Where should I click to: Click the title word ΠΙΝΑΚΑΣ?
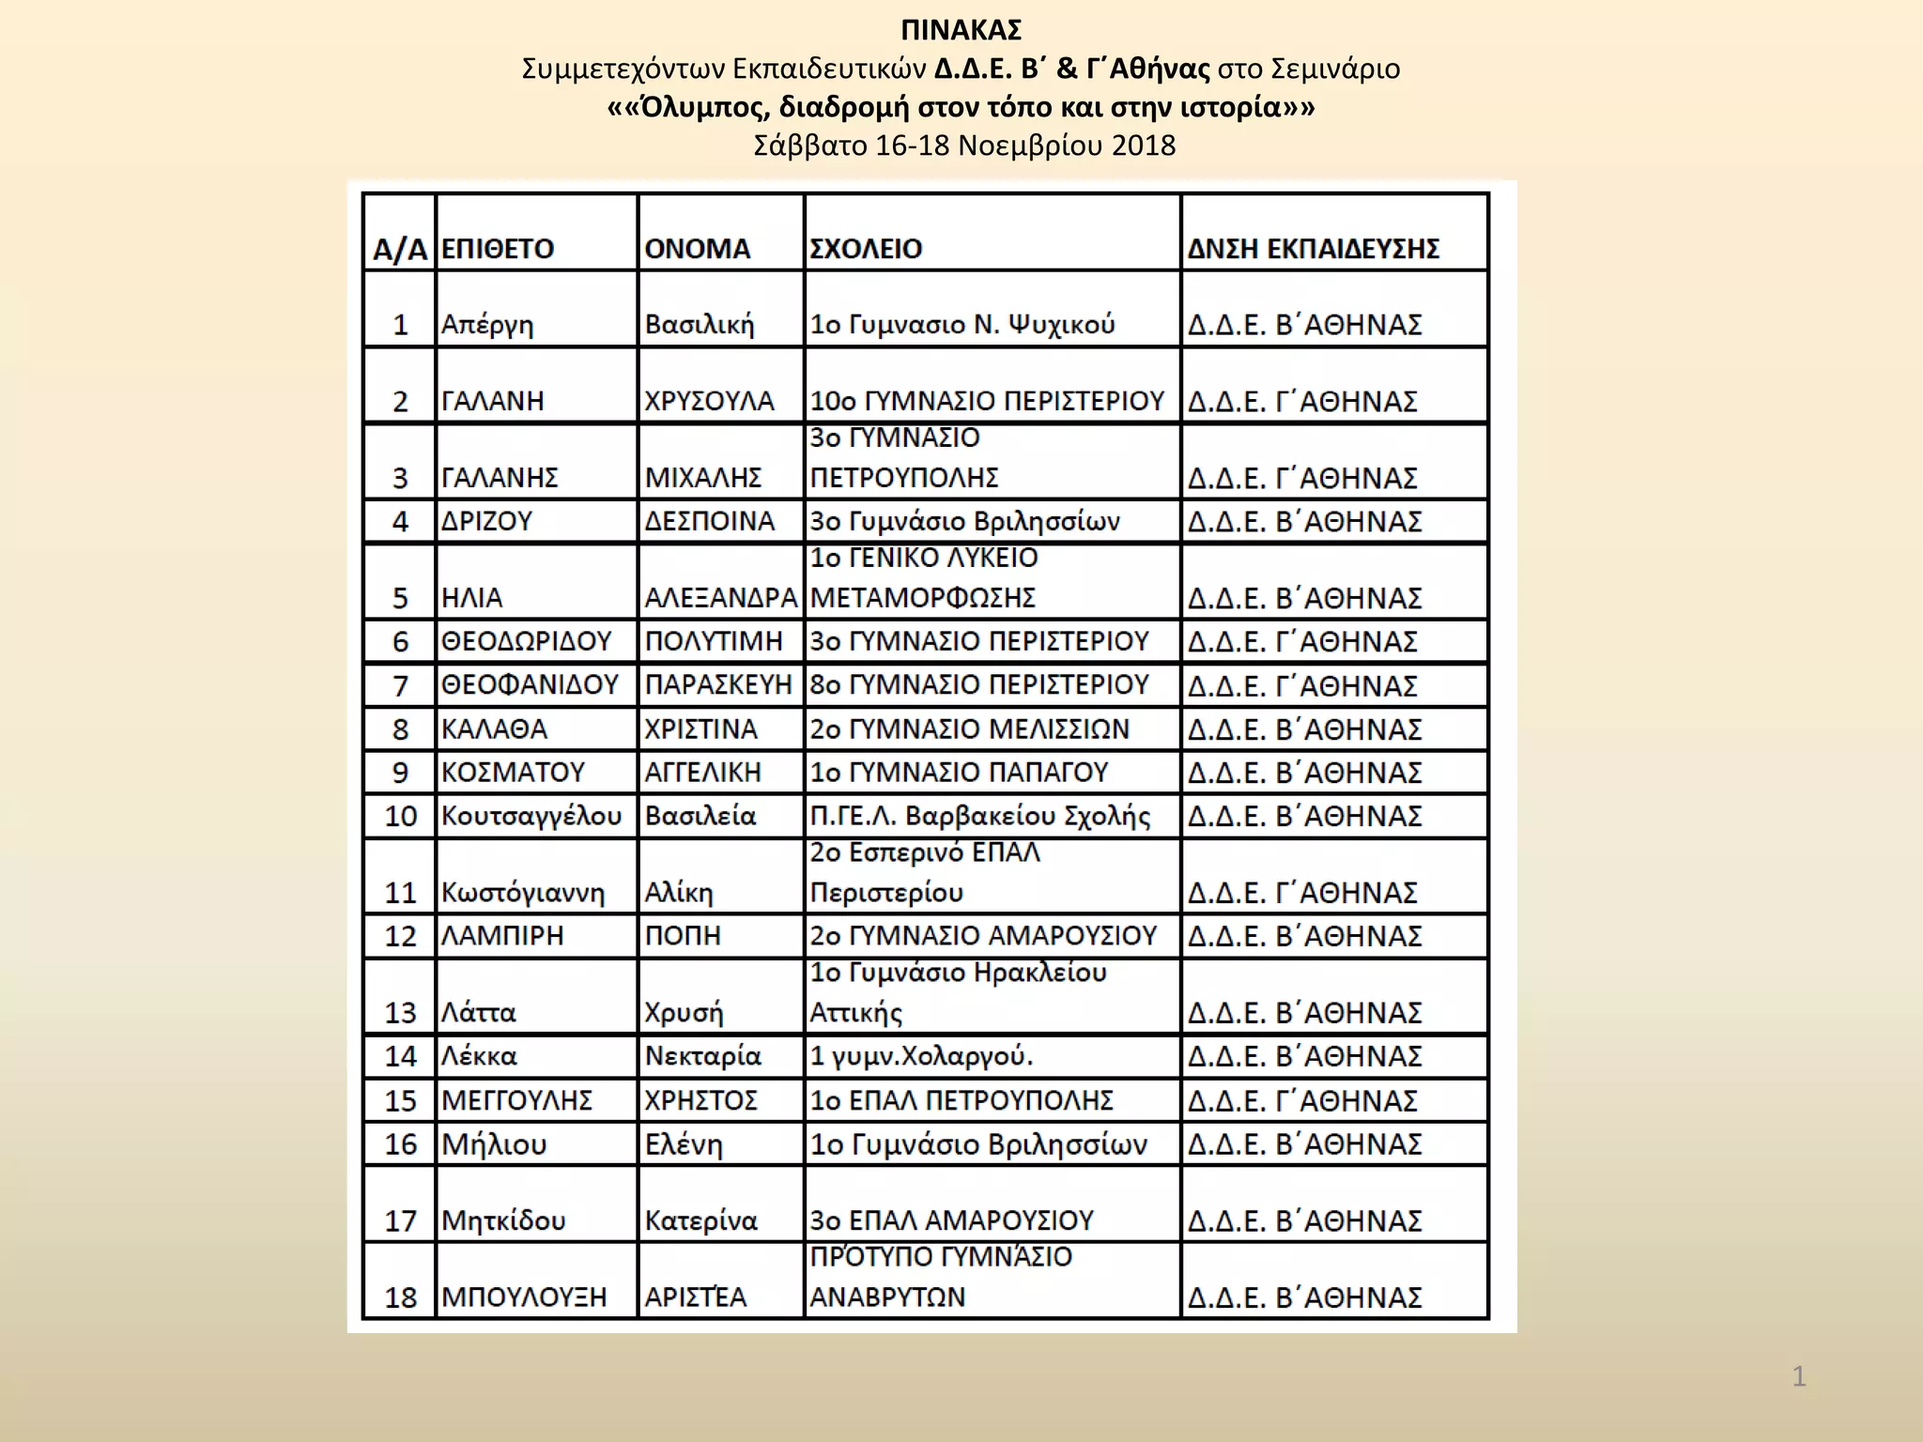[x=961, y=31]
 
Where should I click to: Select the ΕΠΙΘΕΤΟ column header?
[x=498, y=249]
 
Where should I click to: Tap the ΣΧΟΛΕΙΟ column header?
[x=866, y=249]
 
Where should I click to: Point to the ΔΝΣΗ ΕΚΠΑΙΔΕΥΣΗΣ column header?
[x=1313, y=249]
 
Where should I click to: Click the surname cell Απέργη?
[x=487, y=325]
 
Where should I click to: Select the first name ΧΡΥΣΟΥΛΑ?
[x=709, y=401]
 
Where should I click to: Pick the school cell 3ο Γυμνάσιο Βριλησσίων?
[x=964, y=521]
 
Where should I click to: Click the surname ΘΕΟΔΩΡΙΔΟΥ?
[x=527, y=641]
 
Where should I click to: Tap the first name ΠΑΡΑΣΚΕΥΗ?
[x=718, y=685]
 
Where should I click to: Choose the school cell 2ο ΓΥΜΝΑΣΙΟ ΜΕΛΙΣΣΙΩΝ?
[x=969, y=729]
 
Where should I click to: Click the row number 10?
[x=400, y=816]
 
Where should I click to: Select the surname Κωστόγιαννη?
[x=523, y=892]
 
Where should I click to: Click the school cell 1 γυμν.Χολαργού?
[x=921, y=1056]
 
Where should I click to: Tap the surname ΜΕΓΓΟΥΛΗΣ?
[x=517, y=1100]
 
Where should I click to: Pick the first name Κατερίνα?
[x=700, y=1220]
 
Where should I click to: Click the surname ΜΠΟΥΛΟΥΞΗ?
[x=524, y=1297]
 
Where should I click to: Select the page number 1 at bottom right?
[x=1799, y=1377]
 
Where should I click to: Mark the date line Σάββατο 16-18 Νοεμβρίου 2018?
[x=964, y=146]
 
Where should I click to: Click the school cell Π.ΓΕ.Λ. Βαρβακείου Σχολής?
[x=979, y=816]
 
